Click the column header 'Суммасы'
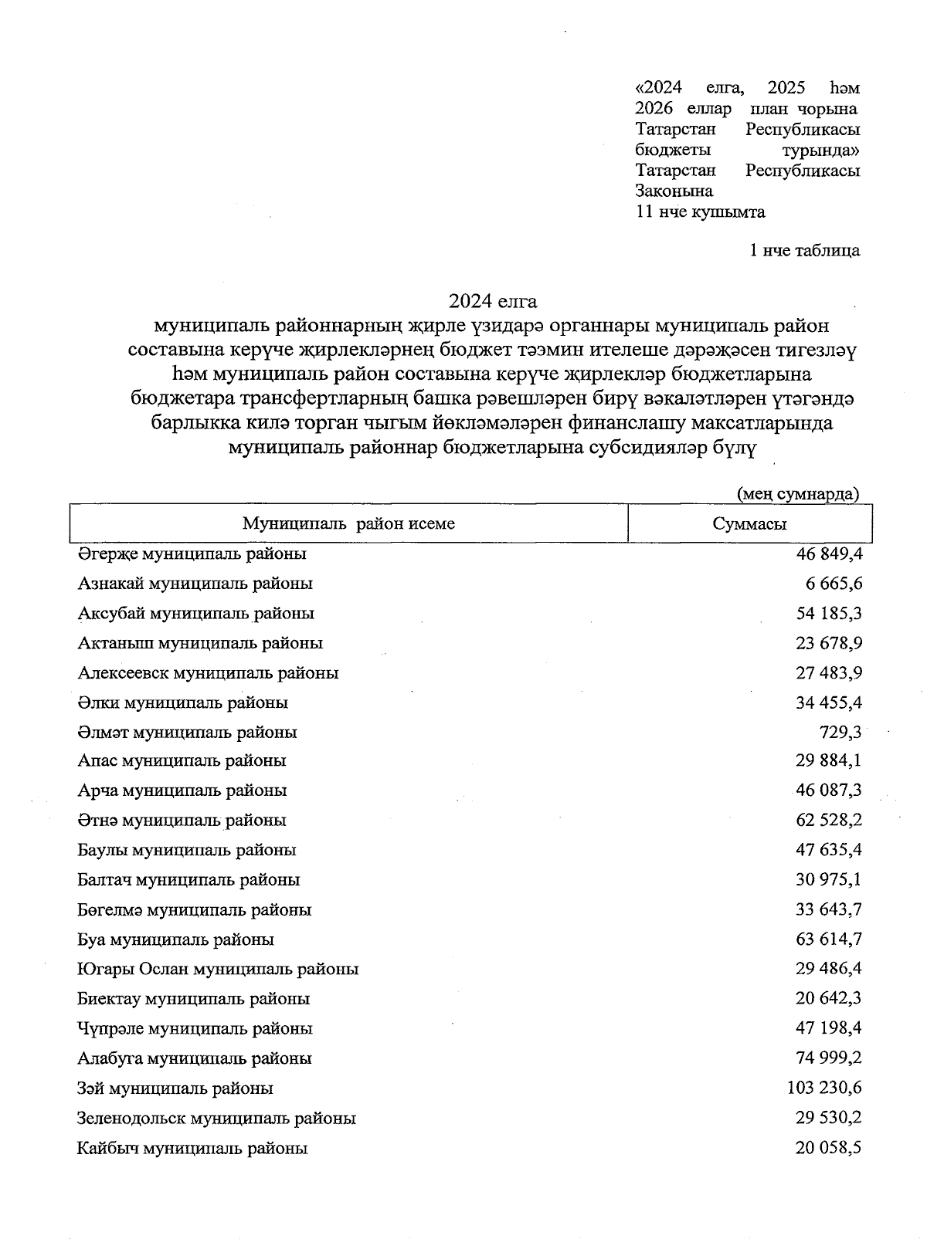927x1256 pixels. point(749,524)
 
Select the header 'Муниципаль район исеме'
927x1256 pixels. point(348,524)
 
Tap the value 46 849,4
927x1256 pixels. point(829,554)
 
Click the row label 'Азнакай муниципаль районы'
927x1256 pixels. point(195,584)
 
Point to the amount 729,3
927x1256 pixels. point(840,732)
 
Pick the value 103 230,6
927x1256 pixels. point(823,1088)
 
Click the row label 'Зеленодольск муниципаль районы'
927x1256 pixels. point(216,1118)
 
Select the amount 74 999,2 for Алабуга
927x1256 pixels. point(829,1058)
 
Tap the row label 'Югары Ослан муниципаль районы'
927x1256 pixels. point(218,969)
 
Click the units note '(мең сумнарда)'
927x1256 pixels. point(798,494)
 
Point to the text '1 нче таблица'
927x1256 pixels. point(804,250)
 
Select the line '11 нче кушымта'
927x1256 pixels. point(700,212)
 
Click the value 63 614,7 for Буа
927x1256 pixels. point(829,939)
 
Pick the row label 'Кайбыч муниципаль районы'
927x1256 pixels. point(192,1149)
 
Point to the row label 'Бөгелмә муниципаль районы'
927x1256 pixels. point(194,910)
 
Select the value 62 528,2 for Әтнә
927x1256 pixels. point(829,821)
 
